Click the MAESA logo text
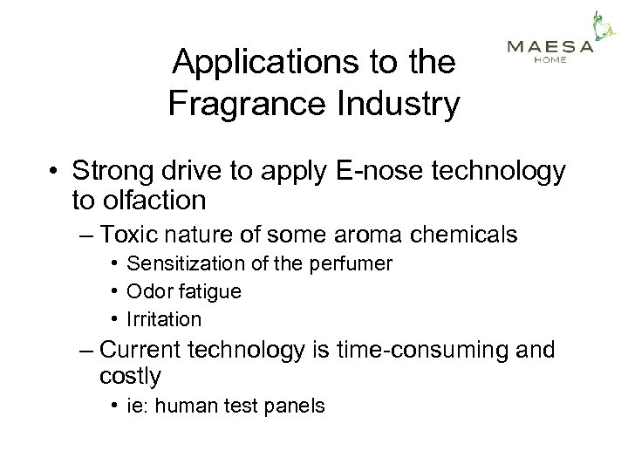549,47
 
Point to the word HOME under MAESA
549,60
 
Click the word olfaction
152,201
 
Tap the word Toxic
130,235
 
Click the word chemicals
462,235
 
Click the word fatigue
209,291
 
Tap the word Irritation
164,319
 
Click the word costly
131,378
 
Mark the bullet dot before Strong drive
54,172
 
